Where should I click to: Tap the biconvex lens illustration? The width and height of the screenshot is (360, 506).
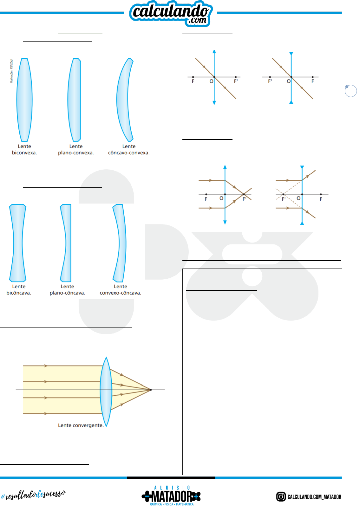click(24, 100)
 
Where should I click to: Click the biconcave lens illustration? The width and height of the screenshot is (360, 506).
click(18, 243)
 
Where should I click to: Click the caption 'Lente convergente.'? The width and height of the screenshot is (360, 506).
click(81, 425)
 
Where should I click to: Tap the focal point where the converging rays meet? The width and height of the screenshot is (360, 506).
click(151, 390)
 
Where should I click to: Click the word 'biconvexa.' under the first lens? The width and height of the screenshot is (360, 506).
click(24, 153)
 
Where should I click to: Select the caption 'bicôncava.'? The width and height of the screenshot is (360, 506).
click(19, 293)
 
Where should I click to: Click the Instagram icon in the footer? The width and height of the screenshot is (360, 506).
click(281, 496)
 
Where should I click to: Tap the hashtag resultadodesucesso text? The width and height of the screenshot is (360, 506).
click(33, 495)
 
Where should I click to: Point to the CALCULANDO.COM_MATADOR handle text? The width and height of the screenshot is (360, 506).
click(314, 497)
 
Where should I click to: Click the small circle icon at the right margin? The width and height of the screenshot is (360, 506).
click(350, 91)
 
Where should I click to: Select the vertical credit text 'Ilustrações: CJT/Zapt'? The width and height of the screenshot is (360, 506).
click(11, 71)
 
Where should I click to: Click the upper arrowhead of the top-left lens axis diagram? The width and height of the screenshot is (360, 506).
click(214, 51)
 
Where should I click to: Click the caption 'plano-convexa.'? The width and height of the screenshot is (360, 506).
click(76, 153)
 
